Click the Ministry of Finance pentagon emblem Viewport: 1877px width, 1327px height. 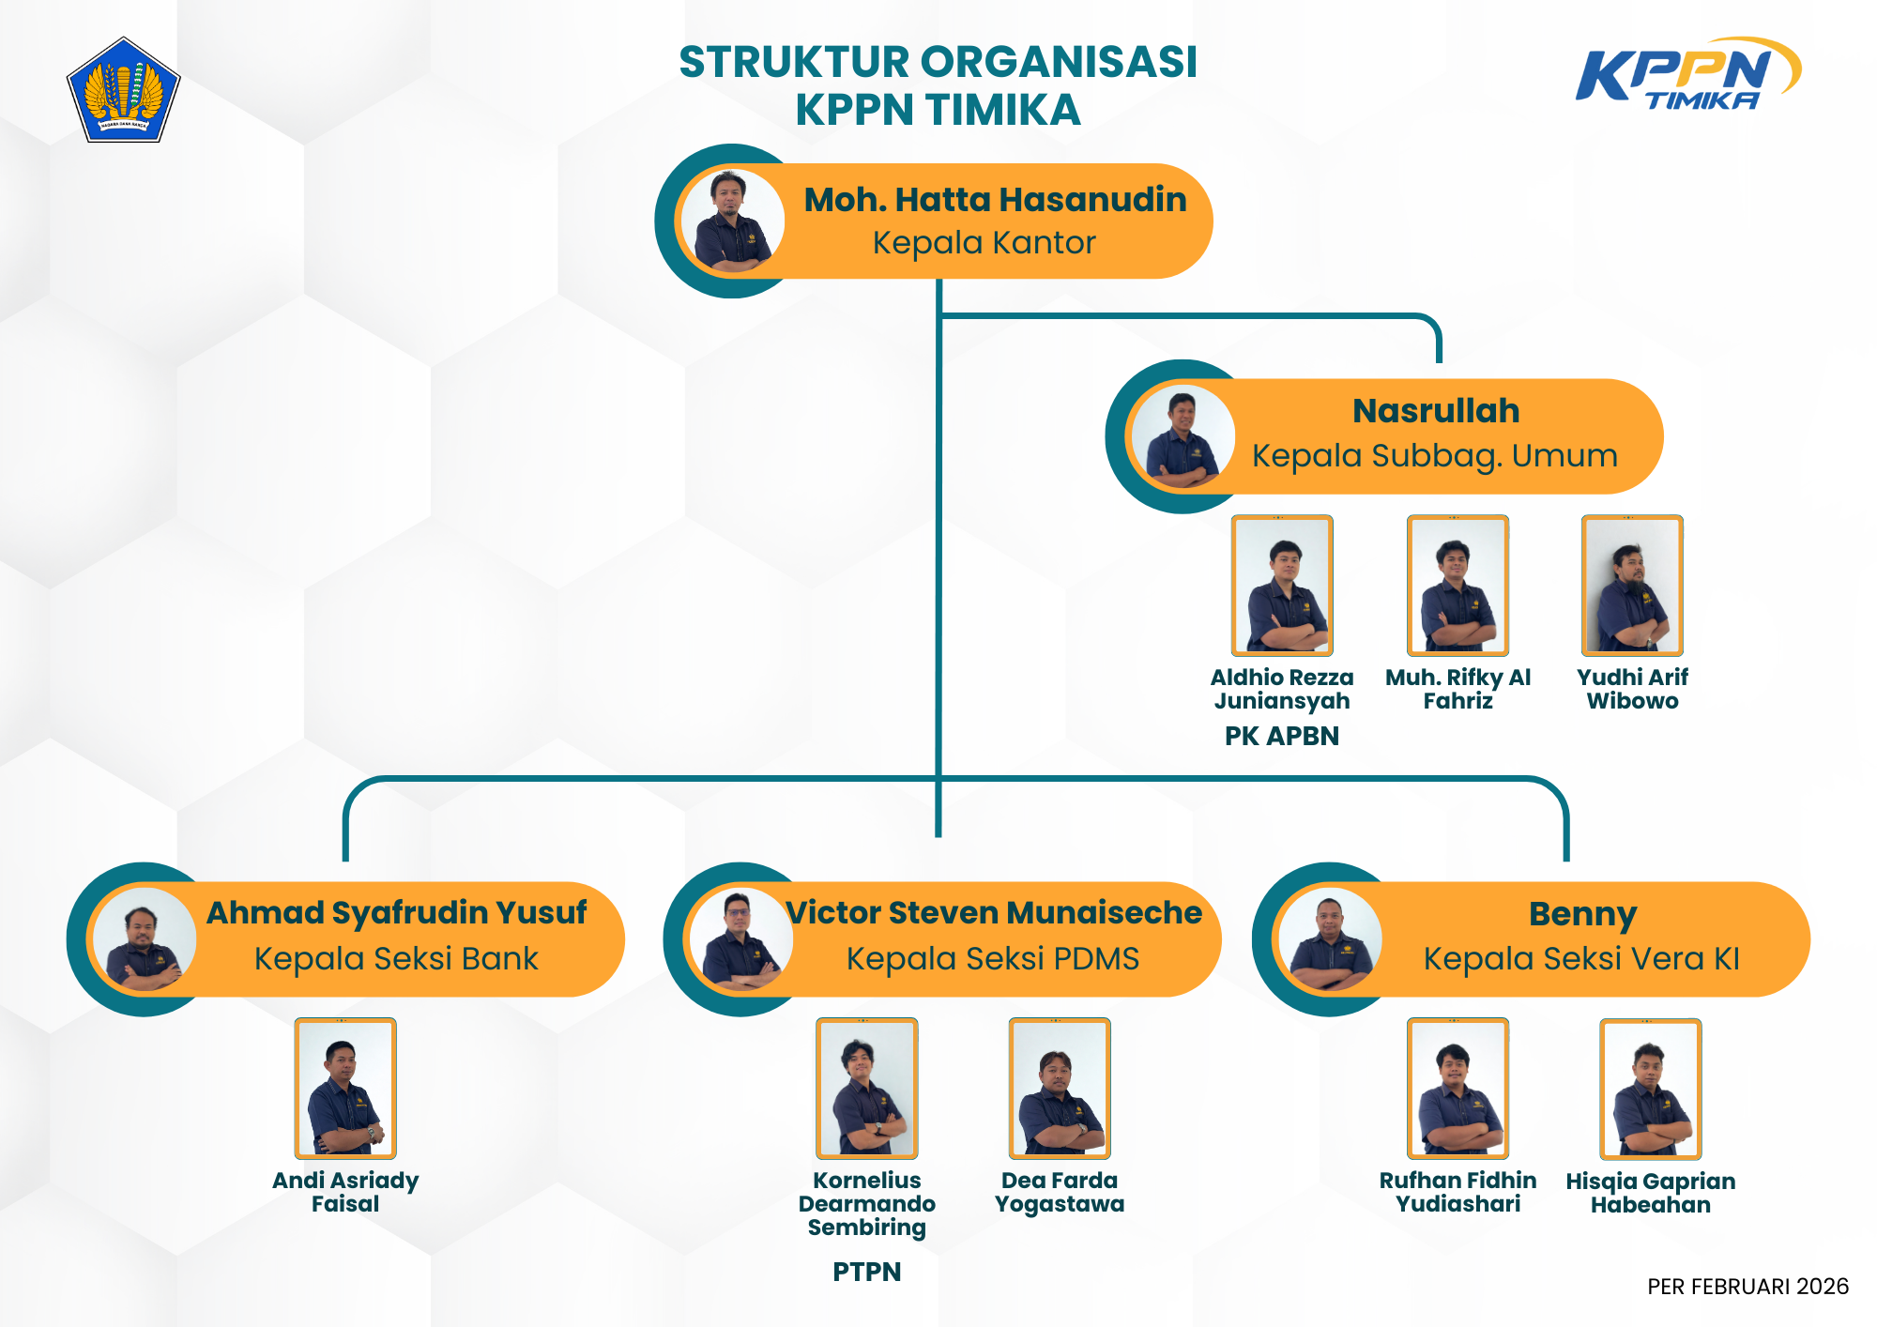coord(123,91)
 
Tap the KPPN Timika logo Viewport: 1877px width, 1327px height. coord(1687,74)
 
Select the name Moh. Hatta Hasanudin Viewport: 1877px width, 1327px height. coord(995,200)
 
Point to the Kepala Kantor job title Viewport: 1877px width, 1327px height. coord(984,243)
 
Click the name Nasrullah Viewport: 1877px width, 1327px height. coord(1436,411)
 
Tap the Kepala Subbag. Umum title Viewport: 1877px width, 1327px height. coord(1435,456)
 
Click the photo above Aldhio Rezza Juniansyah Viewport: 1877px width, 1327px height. coord(1282,586)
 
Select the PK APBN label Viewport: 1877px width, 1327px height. coord(1282,736)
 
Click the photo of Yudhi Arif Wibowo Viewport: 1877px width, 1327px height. coord(1632,586)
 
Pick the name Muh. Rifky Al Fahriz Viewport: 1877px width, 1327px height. coord(1457,689)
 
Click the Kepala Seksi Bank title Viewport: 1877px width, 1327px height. coord(396,959)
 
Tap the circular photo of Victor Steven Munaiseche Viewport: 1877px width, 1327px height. coord(740,939)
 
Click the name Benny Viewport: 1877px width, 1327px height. coord(1582,914)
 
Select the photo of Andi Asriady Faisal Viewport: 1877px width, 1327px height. coord(345,1089)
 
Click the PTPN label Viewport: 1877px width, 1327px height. coord(867,1272)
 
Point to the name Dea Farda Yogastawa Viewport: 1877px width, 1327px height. coord(1060,1192)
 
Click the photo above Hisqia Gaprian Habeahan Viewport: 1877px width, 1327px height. coord(1651,1089)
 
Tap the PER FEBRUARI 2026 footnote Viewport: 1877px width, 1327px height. coord(1747,1287)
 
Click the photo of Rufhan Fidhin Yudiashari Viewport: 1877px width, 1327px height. coord(1457,1089)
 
